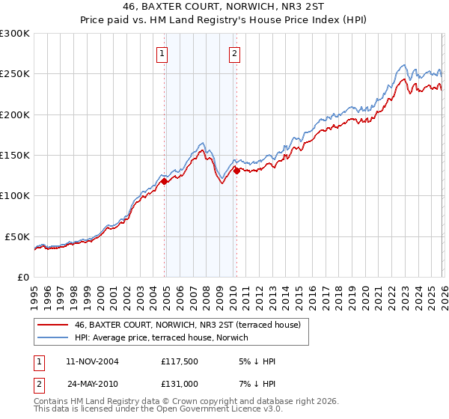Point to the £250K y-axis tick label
pyautogui.click(x=15, y=74)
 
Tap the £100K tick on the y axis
pyautogui.click(x=15, y=196)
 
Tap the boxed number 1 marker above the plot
pyautogui.click(x=162, y=53)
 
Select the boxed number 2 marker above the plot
pyautogui.click(x=234, y=53)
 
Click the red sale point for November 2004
pyautogui.click(x=164, y=180)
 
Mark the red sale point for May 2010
pyautogui.click(x=236, y=171)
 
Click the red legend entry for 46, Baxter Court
pyautogui.click(x=187, y=325)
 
